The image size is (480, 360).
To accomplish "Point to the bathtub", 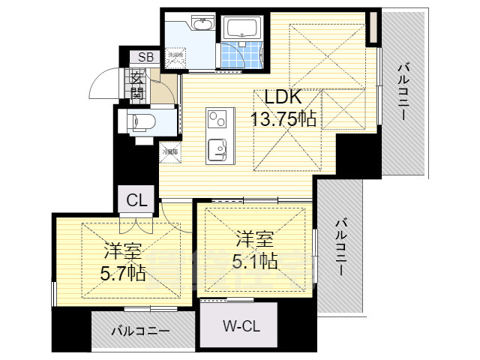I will coord(242,29).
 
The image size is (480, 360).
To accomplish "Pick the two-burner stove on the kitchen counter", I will coord(217,118).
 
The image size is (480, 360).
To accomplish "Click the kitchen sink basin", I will coord(218,149).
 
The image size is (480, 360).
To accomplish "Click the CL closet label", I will coord(136,200).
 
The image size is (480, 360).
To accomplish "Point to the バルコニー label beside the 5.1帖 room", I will coord(340,247).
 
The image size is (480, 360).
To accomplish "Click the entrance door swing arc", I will coord(103,85).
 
